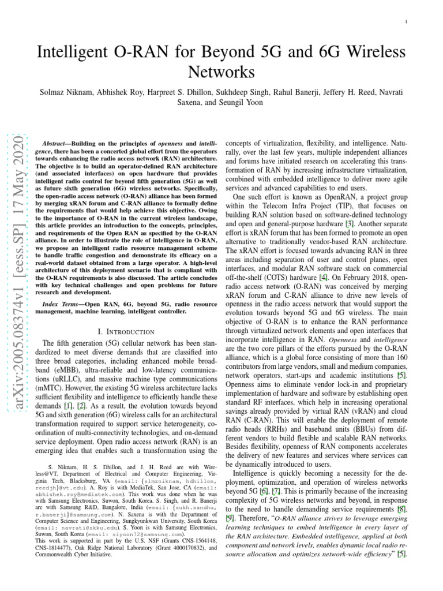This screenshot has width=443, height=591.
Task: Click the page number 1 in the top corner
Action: [x=407, y=22]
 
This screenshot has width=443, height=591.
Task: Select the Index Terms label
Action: [x=62, y=304]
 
